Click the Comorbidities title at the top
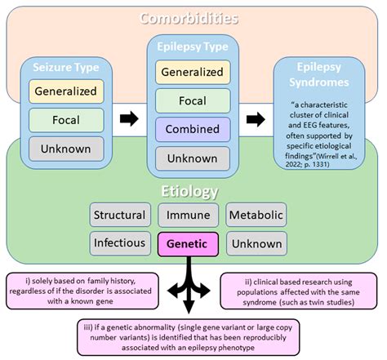tap(189, 18)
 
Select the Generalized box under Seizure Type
tap(66, 91)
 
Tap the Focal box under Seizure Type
tap(66, 119)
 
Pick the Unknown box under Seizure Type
tap(66, 148)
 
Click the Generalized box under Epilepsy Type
tap(192, 72)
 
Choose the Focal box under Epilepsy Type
tap(192, 100)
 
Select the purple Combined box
tap(192, 129)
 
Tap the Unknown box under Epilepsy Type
tap(192, 158)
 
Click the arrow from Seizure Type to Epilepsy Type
tap(129, 119)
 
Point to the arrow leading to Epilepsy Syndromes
tap(256, 119)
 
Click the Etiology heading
tap(189, 192)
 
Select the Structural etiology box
tap(119, 216)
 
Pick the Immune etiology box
tap(187, 216)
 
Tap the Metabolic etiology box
tap(256, 216)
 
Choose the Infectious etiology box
tap(119, 243)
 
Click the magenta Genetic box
tap(187, 243)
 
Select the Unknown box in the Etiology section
tap(256, 243)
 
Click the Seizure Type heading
tap(66, 65)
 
